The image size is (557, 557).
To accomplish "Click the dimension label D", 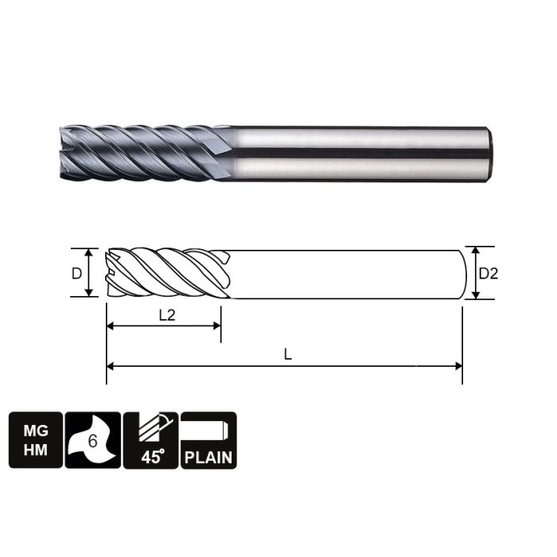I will tap(76, 273).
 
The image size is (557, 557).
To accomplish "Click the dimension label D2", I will tap(488, 273).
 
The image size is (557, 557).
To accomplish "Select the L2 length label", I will tap(166, 314).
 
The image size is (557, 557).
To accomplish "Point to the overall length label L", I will tap(288, 355).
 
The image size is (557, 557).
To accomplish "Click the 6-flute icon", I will tap(93, 440).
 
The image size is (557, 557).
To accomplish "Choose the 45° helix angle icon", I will tap(150, 440).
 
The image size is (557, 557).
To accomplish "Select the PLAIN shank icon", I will tap(208, 440).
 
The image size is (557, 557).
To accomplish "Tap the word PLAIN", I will tap(208, 458).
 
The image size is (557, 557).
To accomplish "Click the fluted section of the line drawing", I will tap(167, 273).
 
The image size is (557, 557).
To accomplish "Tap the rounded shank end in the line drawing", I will tap(463, 273).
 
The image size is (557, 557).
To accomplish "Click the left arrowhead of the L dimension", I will tap(111, 366).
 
